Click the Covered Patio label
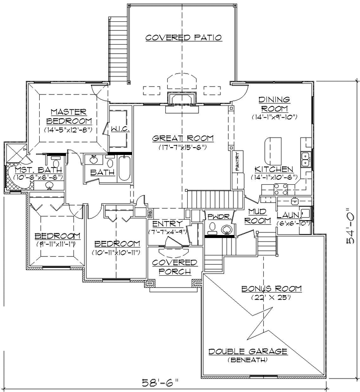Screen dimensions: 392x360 (183, 37)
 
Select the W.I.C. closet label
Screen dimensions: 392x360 (120, 129)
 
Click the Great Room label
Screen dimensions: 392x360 (183, 139)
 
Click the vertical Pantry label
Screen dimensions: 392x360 (238, 162)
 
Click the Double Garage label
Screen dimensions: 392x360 (248, 351)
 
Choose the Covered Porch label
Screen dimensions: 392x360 (174, 266)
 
